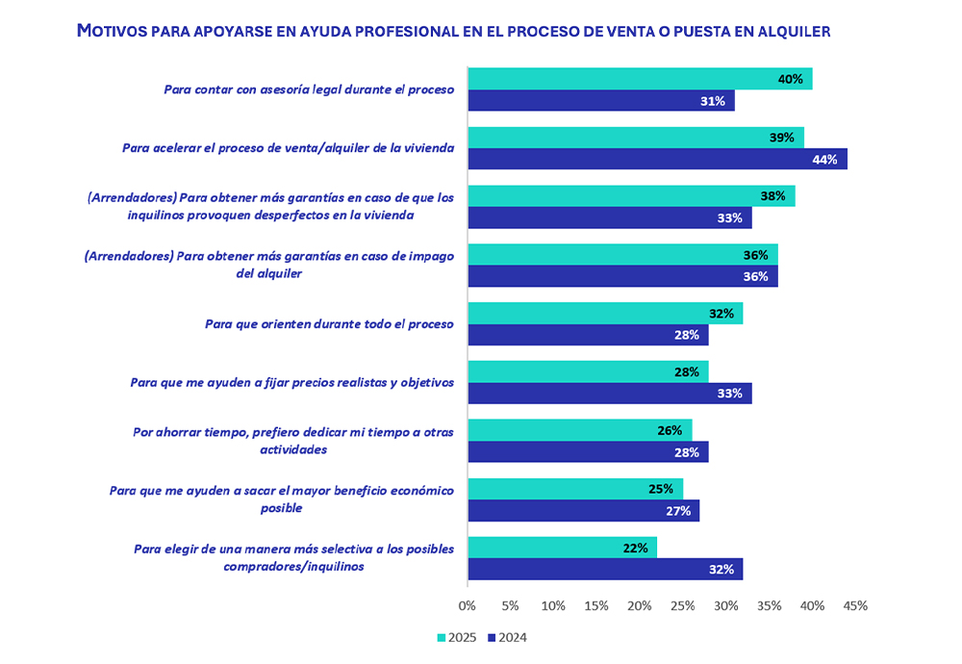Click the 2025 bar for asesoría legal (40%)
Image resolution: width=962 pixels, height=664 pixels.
pos(639,79)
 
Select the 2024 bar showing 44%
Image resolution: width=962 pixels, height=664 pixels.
pos(656,159)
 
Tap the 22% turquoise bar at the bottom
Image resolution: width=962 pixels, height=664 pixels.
pos(562,548)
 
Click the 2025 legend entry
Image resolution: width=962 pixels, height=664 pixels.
pos(457,637)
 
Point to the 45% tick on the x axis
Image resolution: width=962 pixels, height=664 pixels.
pos(855,606)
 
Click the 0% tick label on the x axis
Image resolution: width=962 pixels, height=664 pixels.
pos(468,606)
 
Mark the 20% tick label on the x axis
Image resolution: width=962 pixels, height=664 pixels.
pos(640,606)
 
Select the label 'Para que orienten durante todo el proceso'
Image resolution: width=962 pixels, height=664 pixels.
pos(329,324)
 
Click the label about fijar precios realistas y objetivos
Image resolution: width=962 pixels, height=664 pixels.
pos(291,382)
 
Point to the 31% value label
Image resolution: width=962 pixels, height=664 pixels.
pos(713,101)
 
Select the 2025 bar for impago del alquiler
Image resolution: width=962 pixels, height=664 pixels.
pos(621,255)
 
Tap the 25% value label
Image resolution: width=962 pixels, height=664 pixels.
pos(661,489)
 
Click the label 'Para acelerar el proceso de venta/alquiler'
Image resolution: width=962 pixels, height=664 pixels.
pos(289,148)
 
